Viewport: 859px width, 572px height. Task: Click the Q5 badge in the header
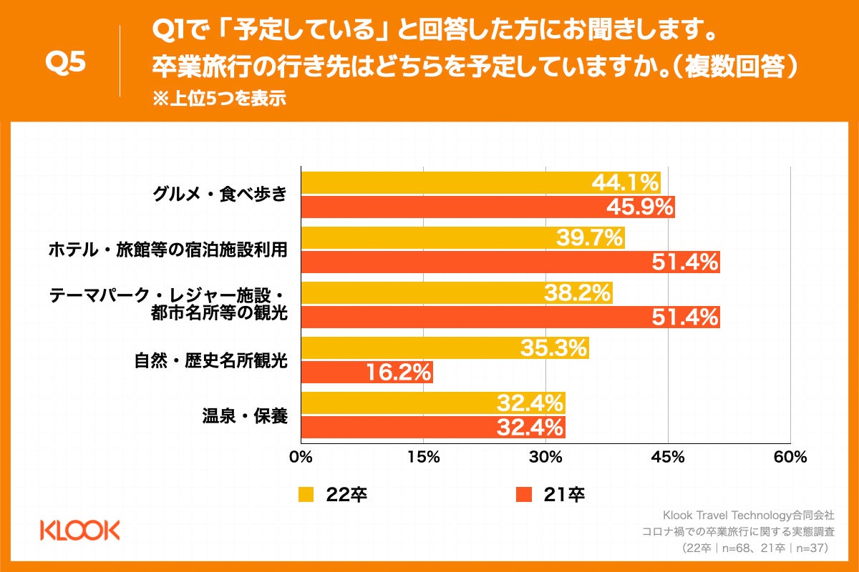point(65,62)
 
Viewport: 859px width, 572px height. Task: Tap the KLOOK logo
point(80,530)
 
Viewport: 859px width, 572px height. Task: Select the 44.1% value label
point(625,183)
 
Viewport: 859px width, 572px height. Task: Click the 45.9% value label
point(640,207)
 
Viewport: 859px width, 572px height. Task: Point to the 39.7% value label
point(590,238)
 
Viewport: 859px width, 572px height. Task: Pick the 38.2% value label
point(577,293)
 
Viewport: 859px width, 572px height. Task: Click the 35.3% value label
point(553,348)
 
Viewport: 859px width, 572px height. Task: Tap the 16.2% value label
point(398,372)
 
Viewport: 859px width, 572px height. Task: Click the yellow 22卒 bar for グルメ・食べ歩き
point(444,183)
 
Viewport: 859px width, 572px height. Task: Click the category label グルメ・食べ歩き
point(220,194)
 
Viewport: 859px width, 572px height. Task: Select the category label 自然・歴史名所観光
point(210,360)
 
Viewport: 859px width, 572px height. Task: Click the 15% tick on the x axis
point(423,457)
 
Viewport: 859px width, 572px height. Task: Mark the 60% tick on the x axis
point(790,457)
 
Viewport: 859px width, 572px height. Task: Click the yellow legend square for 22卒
point(306,494)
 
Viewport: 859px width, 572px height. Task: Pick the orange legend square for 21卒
point(524,494)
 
